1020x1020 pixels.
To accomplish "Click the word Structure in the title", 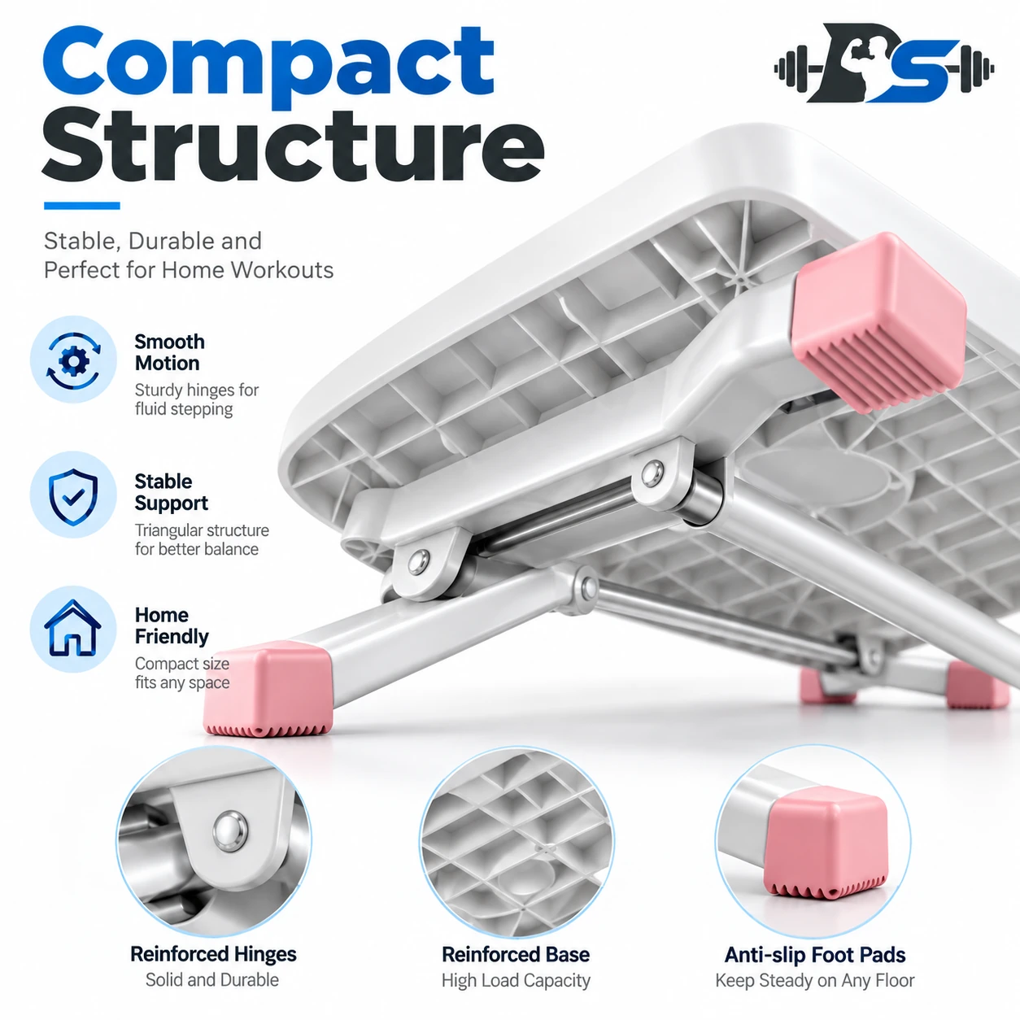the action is coord(293,144).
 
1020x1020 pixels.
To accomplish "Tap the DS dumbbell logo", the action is coord(883,63).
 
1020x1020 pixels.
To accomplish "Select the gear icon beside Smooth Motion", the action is coord(73,360).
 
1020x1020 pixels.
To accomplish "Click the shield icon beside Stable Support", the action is coord(73,496).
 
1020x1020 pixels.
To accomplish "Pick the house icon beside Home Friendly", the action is coord(73,628).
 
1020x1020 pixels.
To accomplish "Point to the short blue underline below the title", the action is coord(82,206).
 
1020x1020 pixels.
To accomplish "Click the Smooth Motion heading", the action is coord(169,352).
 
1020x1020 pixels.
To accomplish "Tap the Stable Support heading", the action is coord(171,492).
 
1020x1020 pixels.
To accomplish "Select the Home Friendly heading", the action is coord(172,626).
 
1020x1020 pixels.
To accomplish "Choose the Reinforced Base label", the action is coord(516,954).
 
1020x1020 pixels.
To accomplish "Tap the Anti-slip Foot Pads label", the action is coord(815,954).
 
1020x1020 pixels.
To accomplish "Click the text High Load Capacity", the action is coord(516,980).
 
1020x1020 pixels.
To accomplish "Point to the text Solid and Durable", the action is coord(212,980).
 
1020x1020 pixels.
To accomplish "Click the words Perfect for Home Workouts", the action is coord(189,270).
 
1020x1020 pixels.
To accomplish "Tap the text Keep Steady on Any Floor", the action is coord(815,980).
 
